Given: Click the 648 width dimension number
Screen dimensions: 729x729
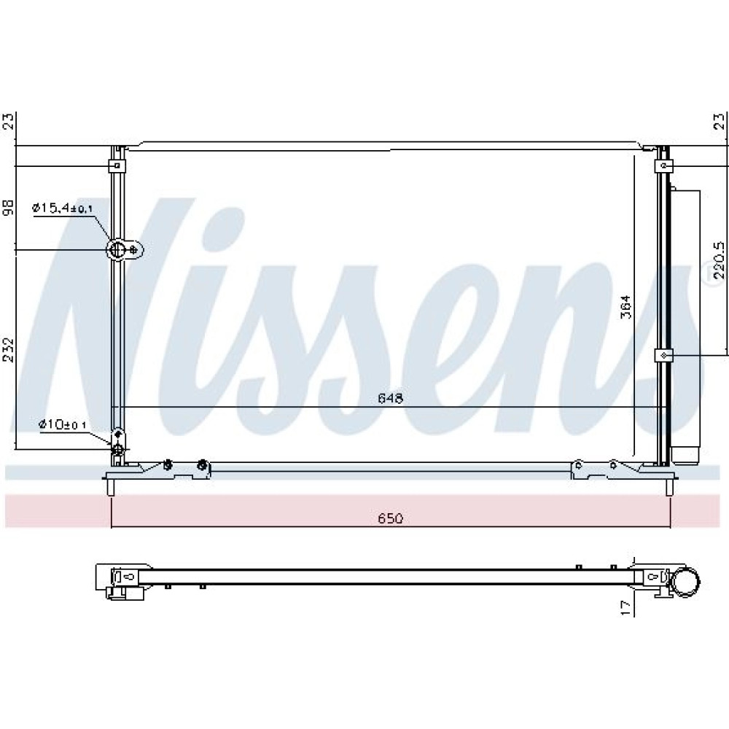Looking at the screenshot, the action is click(x=390, y=399).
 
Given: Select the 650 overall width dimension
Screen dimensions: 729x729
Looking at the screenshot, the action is click(x=390, y=518).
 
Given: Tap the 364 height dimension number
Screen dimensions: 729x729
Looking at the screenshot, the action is click(x=627, y=307).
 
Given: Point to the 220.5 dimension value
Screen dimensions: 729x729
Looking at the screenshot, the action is click(x=719, y=259).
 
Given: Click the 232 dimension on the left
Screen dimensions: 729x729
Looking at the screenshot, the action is click(x=9, y=350).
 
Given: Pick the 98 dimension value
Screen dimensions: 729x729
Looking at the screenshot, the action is click(x=9, y=207).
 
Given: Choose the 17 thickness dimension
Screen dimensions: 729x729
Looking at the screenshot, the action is click(x=627, y=608).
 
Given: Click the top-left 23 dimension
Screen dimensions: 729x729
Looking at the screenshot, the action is click(x=9, y=121).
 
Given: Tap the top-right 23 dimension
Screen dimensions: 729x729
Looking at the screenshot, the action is click(x=719, y=121).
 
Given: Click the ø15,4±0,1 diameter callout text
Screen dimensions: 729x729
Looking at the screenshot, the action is click(x=62, y=208).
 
